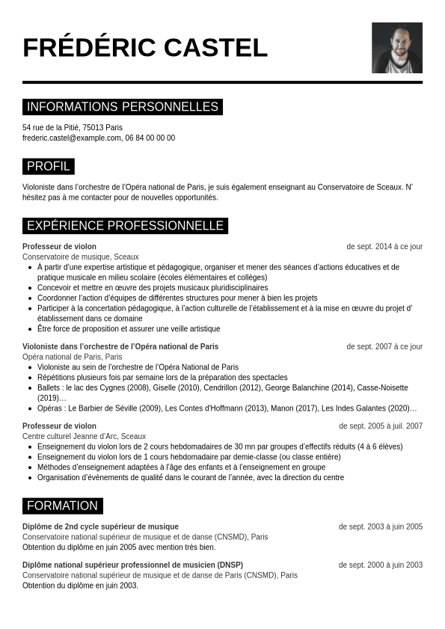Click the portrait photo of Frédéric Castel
tap(396, 48)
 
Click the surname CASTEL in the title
tap(215, 48)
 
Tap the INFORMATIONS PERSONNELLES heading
tap(123, 107)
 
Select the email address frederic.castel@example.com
tap(72, 138)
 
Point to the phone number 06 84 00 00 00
tap(150, 138)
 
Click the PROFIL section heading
tap(49, 166)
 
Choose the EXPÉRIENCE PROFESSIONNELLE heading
tap(125, 226)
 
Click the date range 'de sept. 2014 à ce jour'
tap(384, 247)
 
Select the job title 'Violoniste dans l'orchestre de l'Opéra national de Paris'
tap(120, 347)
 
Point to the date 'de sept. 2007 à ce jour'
tap(384, 347)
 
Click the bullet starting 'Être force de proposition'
tap(129, 328)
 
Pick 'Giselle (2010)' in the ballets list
tap(168, 388)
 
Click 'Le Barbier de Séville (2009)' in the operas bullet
tap(114, 408)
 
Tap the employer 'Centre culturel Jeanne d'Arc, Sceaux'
tap(85, 436)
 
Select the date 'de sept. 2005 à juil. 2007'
tap(381, 426)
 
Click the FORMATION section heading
tap(63, 506)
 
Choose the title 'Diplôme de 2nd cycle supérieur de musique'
tap(100, 527)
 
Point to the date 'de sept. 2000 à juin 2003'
tap(380, 565)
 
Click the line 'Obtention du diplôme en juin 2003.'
tap(81, 586)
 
